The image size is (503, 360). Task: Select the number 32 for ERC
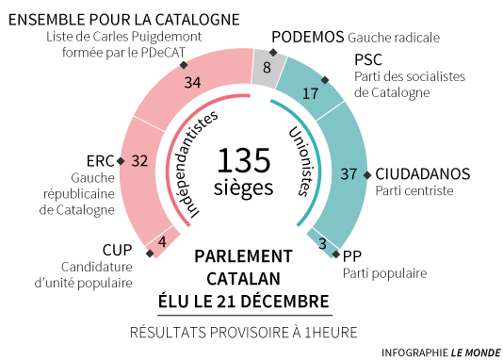coord(139,160)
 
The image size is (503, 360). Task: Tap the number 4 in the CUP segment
coord(163,241)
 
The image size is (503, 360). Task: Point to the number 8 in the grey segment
coord(268,67)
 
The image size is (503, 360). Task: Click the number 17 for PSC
coord(310,93)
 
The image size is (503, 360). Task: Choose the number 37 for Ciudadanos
coord(349,173)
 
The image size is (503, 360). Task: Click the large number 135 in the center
coord(251,157)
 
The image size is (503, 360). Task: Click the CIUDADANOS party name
coord(422,173)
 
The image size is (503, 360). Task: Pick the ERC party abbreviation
coord(99,160)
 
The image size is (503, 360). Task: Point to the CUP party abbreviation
coord(117,249)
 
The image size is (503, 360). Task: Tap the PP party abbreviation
coord(352,255)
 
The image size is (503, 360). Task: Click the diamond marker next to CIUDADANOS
coord(368,173)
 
